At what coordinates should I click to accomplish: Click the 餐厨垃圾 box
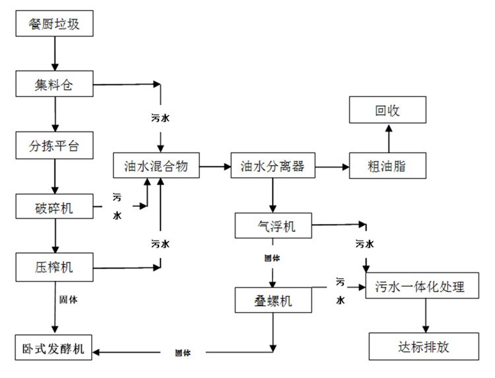(x=55, y=25)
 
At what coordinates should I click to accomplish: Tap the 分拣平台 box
(x=55, y=145)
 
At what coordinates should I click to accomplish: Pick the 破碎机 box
(x=55, y=208)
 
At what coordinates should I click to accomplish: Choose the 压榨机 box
(x=55, y=267)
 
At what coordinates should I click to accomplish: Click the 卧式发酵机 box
(x=55, y=348)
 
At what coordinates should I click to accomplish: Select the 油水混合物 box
(x=157, y=166)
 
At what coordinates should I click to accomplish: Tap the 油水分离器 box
(x=272, y=166)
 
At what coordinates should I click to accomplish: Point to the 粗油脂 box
(x=387, y=166)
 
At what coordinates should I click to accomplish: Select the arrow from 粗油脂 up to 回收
(x=388, y=138)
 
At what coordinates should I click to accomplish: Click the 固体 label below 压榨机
(x=68, y=299)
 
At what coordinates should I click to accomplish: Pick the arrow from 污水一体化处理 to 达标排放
(x=425, y=317)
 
